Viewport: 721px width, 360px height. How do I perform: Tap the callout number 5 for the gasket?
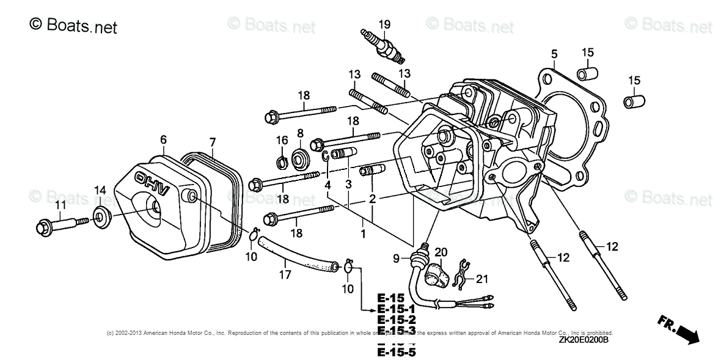(554, 54)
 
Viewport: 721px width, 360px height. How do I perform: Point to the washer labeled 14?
(100, 215)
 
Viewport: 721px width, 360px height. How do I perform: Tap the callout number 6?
(163, 140)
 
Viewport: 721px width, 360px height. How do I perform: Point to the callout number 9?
(396, 258)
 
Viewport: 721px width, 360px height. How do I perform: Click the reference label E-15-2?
(397, 320)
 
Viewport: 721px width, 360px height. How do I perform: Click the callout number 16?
(282, 140)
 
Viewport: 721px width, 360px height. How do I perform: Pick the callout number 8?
(300, 133)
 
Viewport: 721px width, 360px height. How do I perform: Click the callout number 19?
(384, 24)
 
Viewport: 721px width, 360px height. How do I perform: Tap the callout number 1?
(362, 234)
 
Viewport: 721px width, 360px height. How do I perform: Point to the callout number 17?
(284, 276)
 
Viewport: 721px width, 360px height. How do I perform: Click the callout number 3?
(347, 184)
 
